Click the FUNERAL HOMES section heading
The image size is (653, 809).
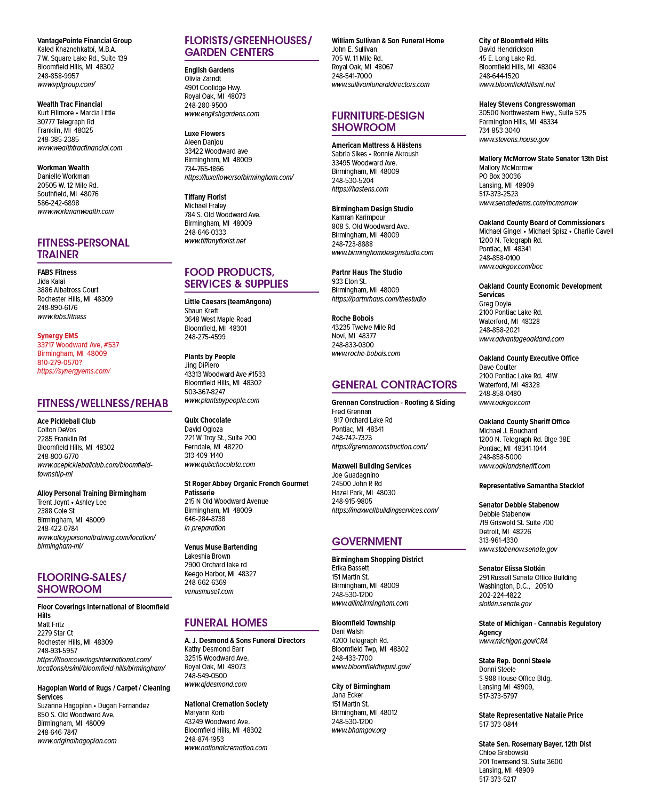pyautogui.click(x=226, y=623)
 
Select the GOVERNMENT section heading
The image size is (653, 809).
pyautogui.click(x=367, y=541)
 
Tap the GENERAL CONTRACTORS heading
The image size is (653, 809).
pyautogui.click(x=394, y=384)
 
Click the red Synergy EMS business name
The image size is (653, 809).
pyautogui.click(x=58, y=336)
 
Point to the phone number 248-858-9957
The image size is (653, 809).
pyautogui.click(x=58, y=76)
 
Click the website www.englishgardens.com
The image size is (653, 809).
pyautogui.click(x=222, y=114)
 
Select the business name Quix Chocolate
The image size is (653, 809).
pyautogui.click(x=208, y=420)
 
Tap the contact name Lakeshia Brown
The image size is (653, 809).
pyautogui.click(x=208, y=556)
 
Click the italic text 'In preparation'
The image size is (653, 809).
pyautogui.click(x=205, y=528)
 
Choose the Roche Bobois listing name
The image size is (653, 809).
pyautogui.click(x=353, y=318)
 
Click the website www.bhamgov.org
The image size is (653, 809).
pyautogui.click(x=359, y=730)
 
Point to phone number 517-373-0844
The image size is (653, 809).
pyautogui.click(x=498, y=724)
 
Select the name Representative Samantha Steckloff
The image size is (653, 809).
pyautogui.click(x=531, y=486)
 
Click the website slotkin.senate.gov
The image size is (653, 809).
pyautogui.click(x=505, y=604)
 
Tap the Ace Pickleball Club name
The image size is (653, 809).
pyautogui.click(x=67, y=421)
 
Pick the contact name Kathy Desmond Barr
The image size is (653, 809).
pyautogui.click(x=214, y=649)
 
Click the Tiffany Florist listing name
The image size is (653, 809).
pyautogui.click(x=205, y=197)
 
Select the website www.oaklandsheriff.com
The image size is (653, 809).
pyautogui.click(x=514, y=466)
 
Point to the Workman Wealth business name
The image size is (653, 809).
pyautogui.click(x=63, y=168)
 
